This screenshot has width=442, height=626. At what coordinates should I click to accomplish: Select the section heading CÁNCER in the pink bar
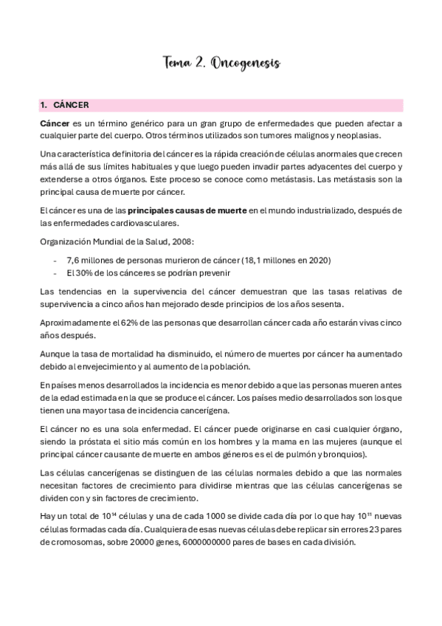[x=71, y=106]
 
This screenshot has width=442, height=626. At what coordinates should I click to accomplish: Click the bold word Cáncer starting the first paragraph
[x=55, y=123]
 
